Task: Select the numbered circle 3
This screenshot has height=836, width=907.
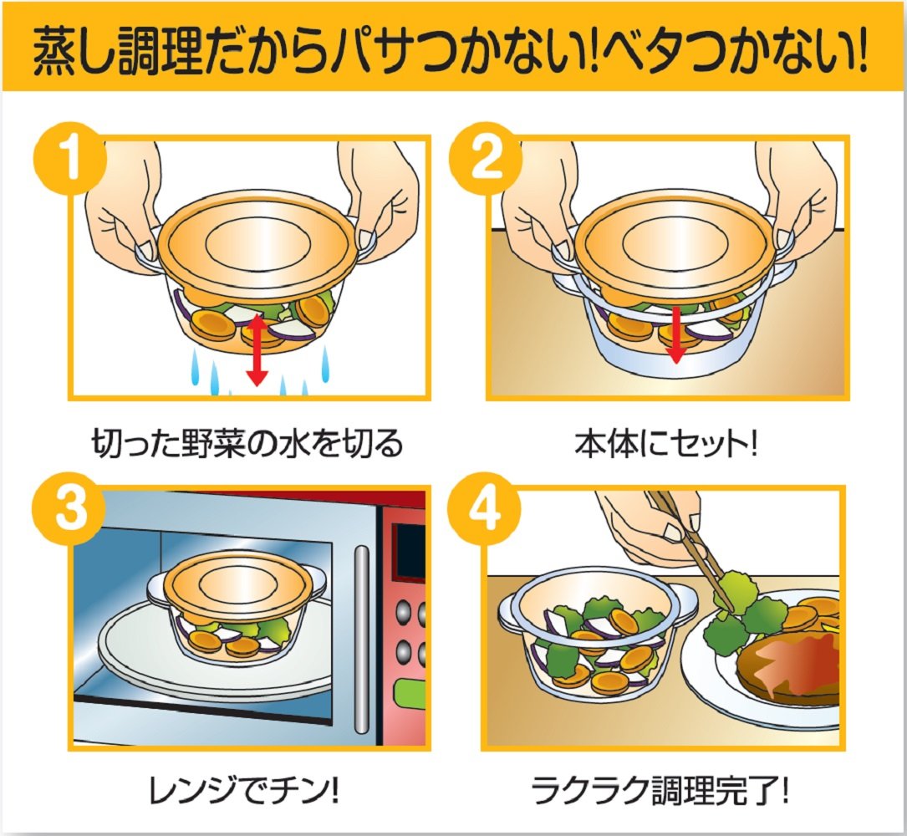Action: coord(70,509)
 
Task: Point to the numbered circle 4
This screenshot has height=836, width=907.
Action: coord(486,509)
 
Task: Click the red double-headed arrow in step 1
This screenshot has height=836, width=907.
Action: coord(257,351)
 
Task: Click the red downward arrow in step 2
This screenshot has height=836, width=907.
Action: coord(675,334)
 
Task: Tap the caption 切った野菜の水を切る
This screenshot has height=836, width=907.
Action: coord(247,444)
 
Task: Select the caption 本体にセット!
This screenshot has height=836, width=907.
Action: coord(665,444)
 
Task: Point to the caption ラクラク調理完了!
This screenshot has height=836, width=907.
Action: coord(660,791)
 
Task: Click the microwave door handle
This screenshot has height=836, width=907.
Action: coord(361,640)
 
